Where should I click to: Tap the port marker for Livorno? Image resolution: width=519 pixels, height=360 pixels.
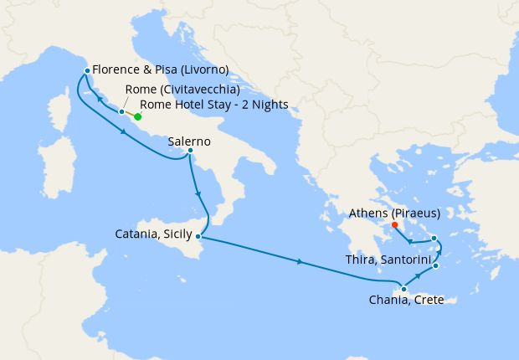[86, 70]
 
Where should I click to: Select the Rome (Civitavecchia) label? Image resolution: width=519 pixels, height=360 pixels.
[182, 90]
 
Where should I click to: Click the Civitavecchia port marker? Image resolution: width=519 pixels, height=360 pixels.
[121, 111]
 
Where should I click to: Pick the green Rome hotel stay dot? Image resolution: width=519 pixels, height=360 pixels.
[137, 117]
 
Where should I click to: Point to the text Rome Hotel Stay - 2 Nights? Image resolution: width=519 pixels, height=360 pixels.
[214, 105]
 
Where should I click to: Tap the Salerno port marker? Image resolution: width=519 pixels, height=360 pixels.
[191, 151]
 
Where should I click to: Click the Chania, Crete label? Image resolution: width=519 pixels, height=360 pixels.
[405, 301]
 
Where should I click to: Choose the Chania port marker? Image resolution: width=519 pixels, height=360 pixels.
[404, 290]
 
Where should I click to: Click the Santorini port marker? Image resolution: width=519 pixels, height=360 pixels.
[435, 266]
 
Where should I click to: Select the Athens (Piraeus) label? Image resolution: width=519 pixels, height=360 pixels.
[393, 213]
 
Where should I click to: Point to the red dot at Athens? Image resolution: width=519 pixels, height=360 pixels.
[394, 224]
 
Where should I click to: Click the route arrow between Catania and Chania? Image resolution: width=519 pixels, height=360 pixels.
[300, 262]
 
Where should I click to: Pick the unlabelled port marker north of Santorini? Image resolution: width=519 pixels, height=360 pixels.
[434, 239]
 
